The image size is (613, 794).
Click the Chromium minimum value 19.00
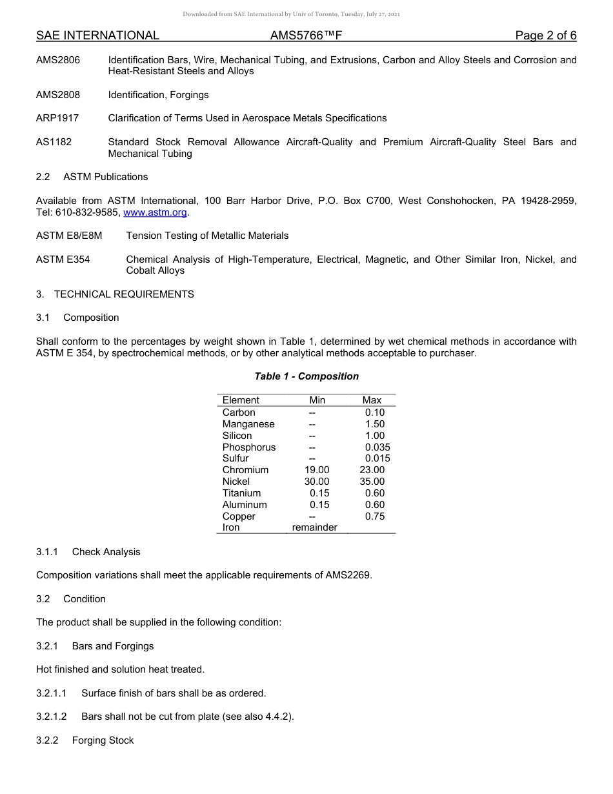click(x=317, y=470)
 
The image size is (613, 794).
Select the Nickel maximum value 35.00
click(x=372, y=482)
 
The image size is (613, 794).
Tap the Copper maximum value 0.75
click(x=374, y=516)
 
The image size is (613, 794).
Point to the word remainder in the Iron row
click(x=314, y=527)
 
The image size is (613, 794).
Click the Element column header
click(x=241, y=400)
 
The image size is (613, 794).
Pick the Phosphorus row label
click(x=248, y=447)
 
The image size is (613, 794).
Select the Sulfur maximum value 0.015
click(x=377, y=458)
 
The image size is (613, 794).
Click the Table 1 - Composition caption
click(x=306, y=376)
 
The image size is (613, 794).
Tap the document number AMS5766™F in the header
click(x=306, y=36)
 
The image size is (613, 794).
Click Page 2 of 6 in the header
click(x=545, y=36)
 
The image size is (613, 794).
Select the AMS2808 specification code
click(x=58, y=95)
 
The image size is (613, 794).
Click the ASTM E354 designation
click(x=63, y=260)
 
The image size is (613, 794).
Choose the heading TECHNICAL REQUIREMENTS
click(x=124, y=294)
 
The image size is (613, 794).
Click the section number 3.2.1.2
click(x=52, y=717)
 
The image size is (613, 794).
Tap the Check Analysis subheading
click(x=106, y=552)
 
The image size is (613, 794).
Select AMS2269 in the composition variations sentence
click(x=348, y=575)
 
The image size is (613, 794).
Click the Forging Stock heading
click(x=103, y=740)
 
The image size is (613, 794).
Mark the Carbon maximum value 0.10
click(x=374, y=412)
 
